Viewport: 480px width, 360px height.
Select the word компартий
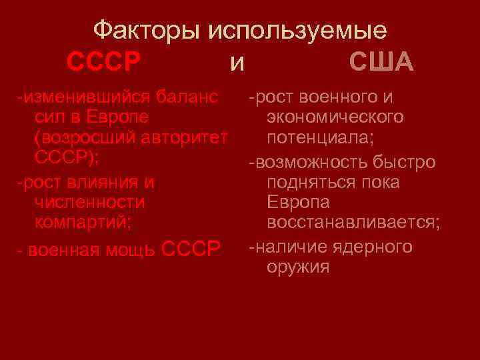click(x=83, y=221)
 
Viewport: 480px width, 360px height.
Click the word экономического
click(x=335, y=117)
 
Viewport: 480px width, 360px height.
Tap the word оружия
click(x=297, y=267)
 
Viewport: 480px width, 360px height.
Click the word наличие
click(x=287, y=247)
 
